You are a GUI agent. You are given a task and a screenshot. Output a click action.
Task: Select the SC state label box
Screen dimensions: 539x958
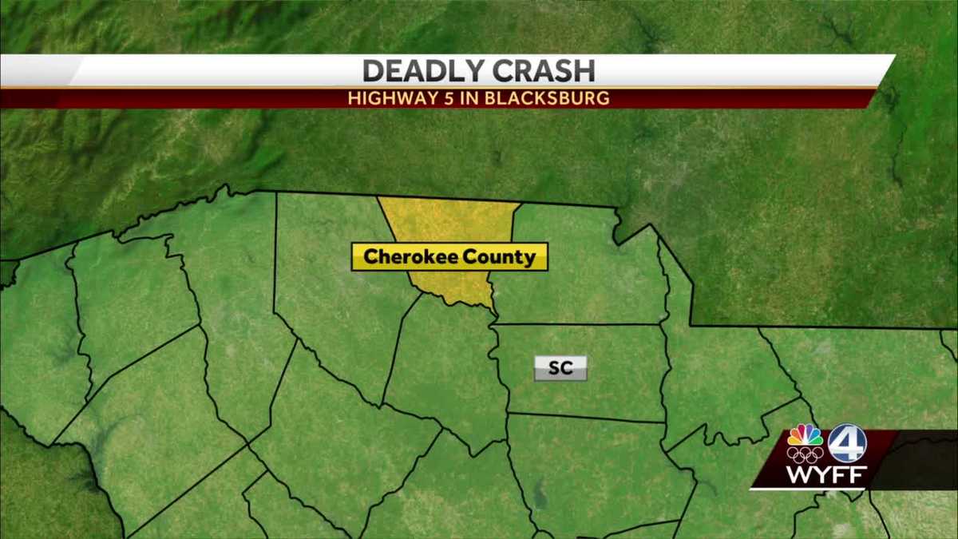tap(560, 368)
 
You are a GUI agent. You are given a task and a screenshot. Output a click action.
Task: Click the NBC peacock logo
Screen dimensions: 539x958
tap(805, 436)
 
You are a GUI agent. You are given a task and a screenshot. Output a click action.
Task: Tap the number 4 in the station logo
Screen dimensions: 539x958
tap(846, 442)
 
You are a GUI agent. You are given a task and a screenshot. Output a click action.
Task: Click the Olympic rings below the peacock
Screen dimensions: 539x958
tap(805, 455)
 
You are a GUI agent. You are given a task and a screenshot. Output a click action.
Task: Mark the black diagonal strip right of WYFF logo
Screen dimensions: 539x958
tap(910, 459)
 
